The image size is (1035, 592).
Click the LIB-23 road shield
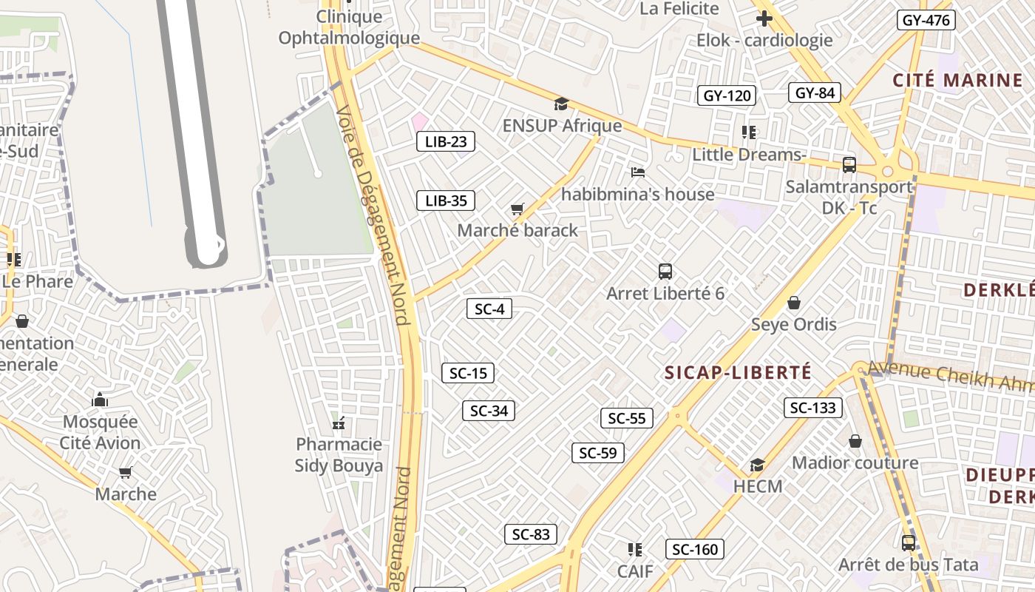point(446,142)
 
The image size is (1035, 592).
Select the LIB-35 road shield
point(446,201)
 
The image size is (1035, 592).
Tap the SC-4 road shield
point(489,309)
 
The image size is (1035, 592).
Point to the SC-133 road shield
point(813,408)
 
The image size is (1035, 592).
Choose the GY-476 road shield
point(926,20)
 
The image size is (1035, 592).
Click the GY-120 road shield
point(727,95)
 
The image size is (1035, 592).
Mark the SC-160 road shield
point(695,549)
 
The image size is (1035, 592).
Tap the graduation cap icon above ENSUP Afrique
point(562,104)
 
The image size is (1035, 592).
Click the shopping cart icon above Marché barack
point(517,209)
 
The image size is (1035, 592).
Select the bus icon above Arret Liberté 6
point(665,272)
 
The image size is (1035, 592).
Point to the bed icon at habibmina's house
point(638,172)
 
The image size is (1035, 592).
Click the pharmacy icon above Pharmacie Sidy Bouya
point(339,424)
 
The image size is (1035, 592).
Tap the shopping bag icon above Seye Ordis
point(794,303)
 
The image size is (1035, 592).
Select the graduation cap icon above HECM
point(758,465)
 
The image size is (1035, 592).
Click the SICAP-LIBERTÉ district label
point(738,372)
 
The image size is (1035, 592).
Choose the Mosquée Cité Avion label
point(101,432)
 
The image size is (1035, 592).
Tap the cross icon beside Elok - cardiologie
point(764,18)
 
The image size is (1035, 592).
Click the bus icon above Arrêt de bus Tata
point(909,543)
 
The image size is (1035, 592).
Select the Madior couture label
point(855,463)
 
